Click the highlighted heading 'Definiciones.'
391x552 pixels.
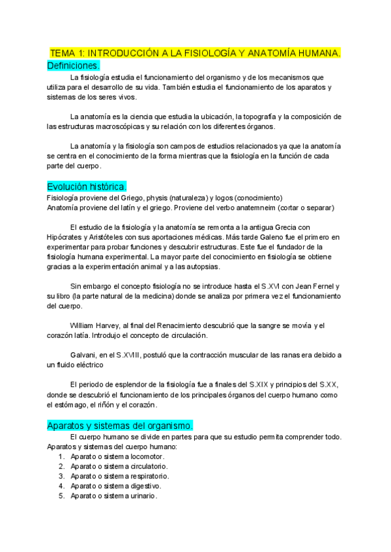(73, 66)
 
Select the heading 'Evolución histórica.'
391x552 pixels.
(87, 186)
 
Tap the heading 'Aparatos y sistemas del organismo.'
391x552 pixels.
(120, 424)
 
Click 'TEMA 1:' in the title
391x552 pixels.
(67, 53)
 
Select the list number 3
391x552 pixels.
(61, 476)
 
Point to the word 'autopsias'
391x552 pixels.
(202, 266)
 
